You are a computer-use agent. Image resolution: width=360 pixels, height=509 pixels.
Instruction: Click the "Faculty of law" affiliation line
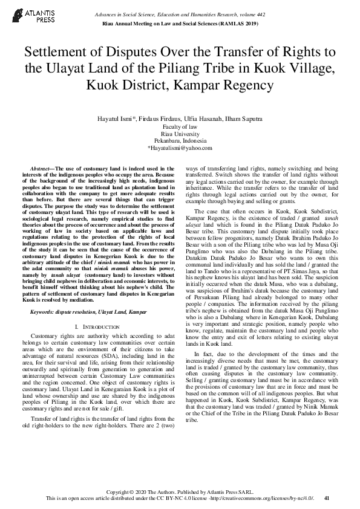[180, 127]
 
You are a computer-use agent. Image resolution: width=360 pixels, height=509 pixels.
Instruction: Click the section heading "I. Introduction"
[99, 326]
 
